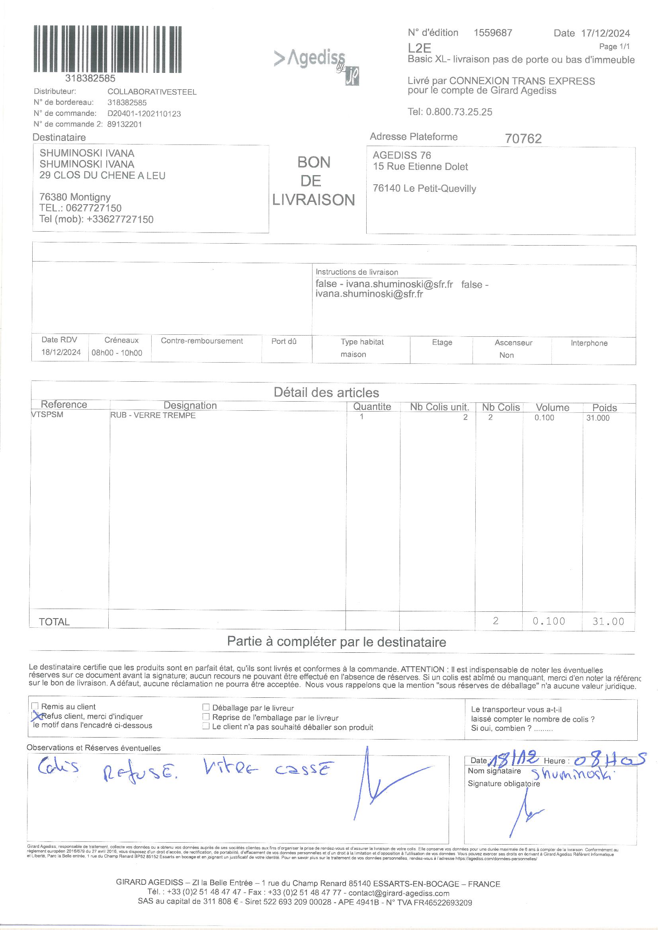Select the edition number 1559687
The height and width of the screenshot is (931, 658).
tap(492, 33)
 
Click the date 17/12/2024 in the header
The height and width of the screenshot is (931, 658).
tap(605, 33)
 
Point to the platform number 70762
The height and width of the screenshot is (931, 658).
tap(523, 139)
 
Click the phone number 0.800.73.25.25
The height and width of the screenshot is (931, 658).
tap(459, 112)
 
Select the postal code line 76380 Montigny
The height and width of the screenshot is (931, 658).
tap(75, 197)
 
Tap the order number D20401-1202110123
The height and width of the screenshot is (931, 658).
tap(144, 113)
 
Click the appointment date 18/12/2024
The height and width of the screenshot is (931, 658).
tap(61, 352)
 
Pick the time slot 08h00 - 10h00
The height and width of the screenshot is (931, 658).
tap(117, 353)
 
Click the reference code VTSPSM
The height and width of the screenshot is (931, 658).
tap(47, 415)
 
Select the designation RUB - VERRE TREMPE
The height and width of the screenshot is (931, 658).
tap(153, 415)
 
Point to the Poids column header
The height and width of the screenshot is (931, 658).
tap(604, 408)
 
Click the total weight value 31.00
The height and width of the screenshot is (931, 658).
tap(608, 621)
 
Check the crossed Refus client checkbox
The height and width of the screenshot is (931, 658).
tap(36, 716)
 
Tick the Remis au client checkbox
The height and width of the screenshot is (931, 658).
tap(35, 707)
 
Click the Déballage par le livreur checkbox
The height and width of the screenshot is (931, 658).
tap(206, 707)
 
